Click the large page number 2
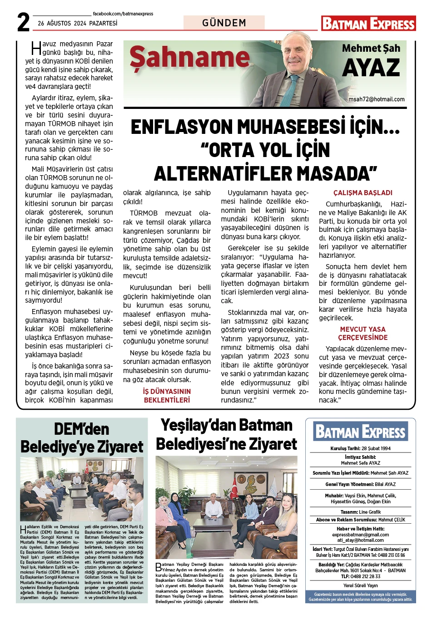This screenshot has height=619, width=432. tap(23, 22)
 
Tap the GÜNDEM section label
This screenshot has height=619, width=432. tap(224, 23)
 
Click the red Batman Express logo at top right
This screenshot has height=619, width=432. tap(368, 24)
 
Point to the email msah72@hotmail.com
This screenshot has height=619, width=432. tap(376, 99)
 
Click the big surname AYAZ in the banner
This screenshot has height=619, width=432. tap(371, 69)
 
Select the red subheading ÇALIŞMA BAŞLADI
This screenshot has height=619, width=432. tap(362, 193)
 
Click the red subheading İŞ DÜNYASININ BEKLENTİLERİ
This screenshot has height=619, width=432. tap(167, 396)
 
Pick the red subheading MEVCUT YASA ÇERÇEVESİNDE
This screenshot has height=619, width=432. tap(362, 334)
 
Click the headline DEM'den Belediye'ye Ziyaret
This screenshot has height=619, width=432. tap(82, 438)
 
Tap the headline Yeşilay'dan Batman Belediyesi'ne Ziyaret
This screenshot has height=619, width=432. tap(226, 435)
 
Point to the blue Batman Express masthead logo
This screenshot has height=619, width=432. tap(360, 432)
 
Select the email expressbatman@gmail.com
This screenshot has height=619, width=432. tap(360, 535)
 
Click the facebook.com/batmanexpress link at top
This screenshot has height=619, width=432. tap(123, 14)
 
